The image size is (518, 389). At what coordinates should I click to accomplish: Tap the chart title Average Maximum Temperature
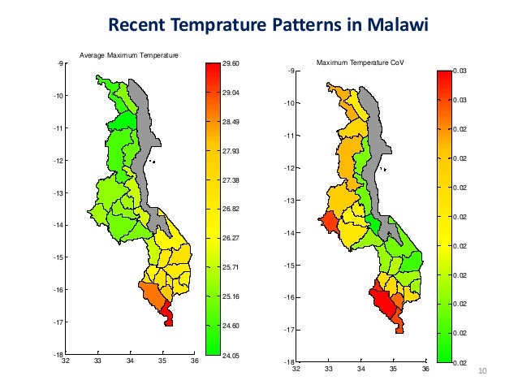coord(128,54)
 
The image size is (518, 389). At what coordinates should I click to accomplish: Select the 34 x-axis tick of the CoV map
coord(360,369)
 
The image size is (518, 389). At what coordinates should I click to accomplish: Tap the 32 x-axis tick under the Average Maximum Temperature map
coord(65,361)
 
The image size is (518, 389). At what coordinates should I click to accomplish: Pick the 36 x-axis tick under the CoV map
coord(425,369)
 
